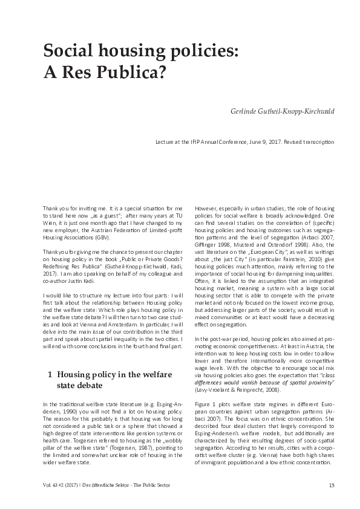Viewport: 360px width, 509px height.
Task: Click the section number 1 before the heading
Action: (x=49, y=374)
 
